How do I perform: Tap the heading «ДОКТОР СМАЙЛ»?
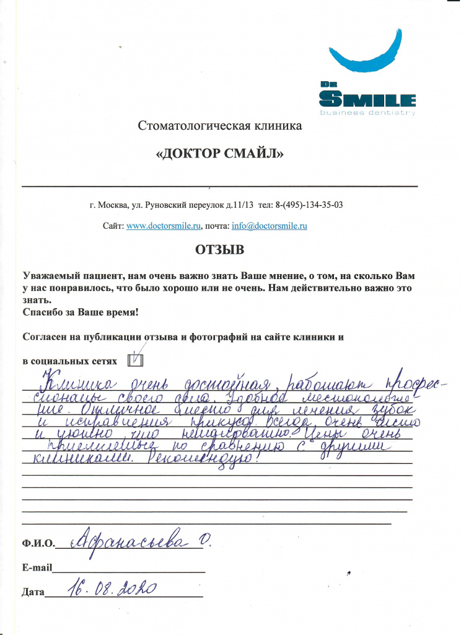point(219,154)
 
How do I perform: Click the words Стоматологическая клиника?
point(219,127)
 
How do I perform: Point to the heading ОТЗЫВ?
point(220,251)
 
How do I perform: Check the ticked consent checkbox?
point(135,360)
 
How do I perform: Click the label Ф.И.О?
point(37,544)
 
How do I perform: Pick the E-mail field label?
point(37,567)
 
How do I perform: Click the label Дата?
point(33,592)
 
